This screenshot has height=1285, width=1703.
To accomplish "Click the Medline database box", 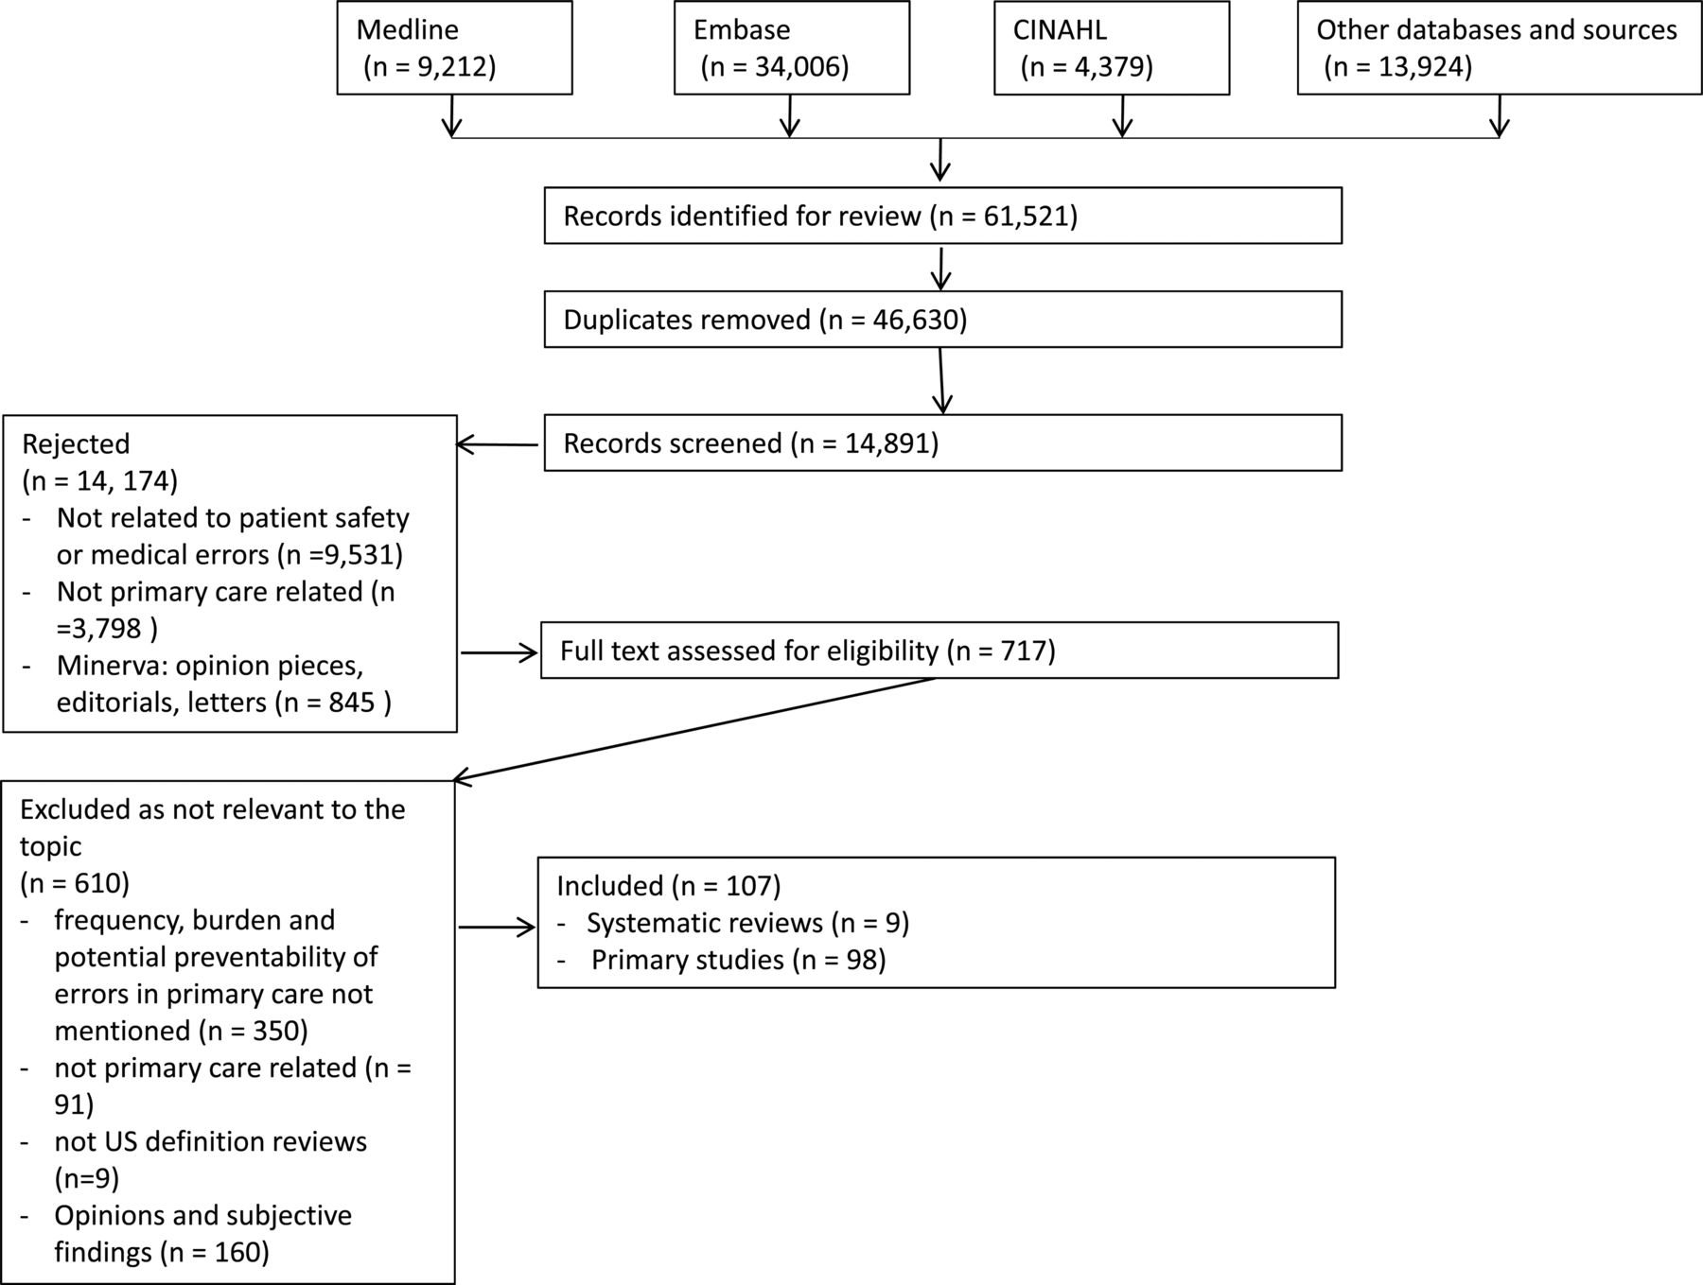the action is tap(455, 47).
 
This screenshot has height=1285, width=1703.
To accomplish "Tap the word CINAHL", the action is tap(1060, 29).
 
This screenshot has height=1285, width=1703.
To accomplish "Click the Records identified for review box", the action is tap(942, 216).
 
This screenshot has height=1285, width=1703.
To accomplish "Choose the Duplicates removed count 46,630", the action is tap(911, 320).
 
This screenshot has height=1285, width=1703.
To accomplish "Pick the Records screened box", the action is tap(942, 443).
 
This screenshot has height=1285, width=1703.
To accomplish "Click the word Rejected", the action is tap(76, 443).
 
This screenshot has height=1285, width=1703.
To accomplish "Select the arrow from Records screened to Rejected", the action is tap(498, 444).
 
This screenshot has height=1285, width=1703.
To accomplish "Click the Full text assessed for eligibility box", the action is tap(939, 651).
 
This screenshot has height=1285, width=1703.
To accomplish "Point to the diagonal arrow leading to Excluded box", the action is tap(693, 730).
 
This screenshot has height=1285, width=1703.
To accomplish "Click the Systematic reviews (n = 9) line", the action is tap(747, 923).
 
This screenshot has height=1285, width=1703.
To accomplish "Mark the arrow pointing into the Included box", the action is tap(498, 928).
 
